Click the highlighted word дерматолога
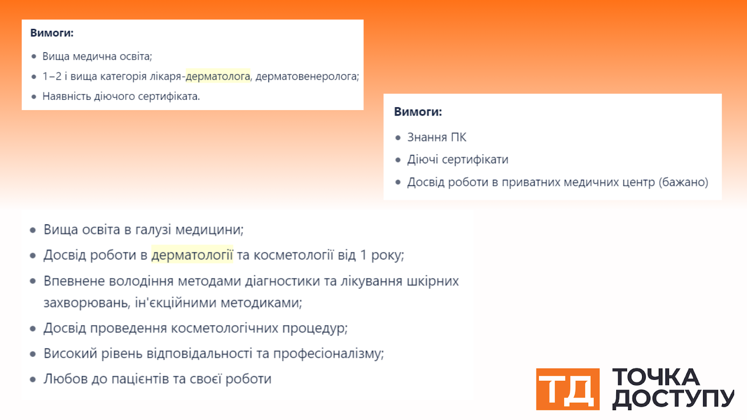pos(218,77)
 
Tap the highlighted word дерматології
pos(192,255)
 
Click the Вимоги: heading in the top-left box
pos(52,33)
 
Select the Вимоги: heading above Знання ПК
pos(418,112)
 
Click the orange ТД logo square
pos(568,389)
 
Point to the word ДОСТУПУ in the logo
pos(673,399)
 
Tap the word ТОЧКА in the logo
pos(656,377)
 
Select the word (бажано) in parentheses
pos(684,182)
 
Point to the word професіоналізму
pos(329,354)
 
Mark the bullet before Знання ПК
pos(397,138)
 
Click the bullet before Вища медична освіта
pos(34,56)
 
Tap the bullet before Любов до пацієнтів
pos(33,379)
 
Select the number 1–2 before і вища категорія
pos(52,77)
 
